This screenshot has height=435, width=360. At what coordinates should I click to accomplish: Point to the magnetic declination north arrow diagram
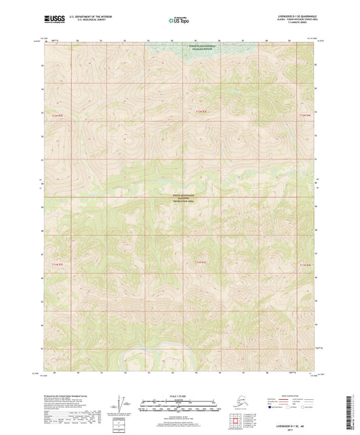click(122, 405)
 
